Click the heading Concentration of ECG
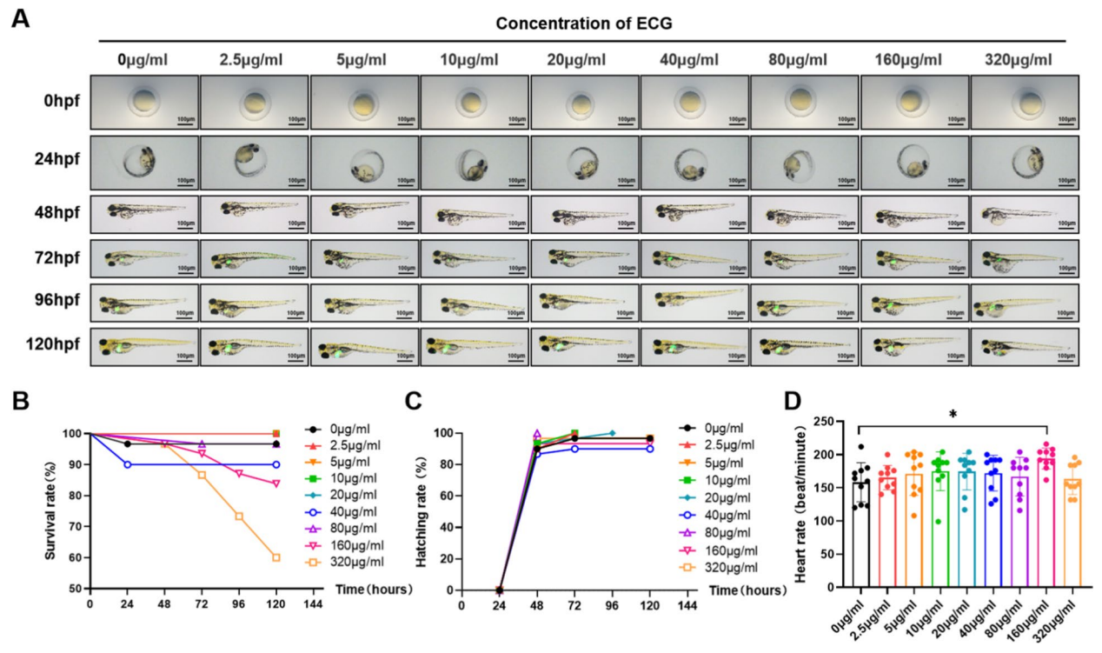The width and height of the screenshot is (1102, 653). [584, 23]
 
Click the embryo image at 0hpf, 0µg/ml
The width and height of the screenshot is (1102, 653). [144, 102]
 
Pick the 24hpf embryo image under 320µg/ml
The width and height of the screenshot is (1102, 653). [1025, 162]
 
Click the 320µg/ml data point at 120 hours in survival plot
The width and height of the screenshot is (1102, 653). [275, 557]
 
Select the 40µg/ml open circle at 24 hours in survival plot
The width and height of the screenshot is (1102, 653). [128, 464]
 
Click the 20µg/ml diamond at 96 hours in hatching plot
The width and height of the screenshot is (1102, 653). [612, 433]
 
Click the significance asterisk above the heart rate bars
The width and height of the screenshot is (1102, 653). [953, 414]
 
